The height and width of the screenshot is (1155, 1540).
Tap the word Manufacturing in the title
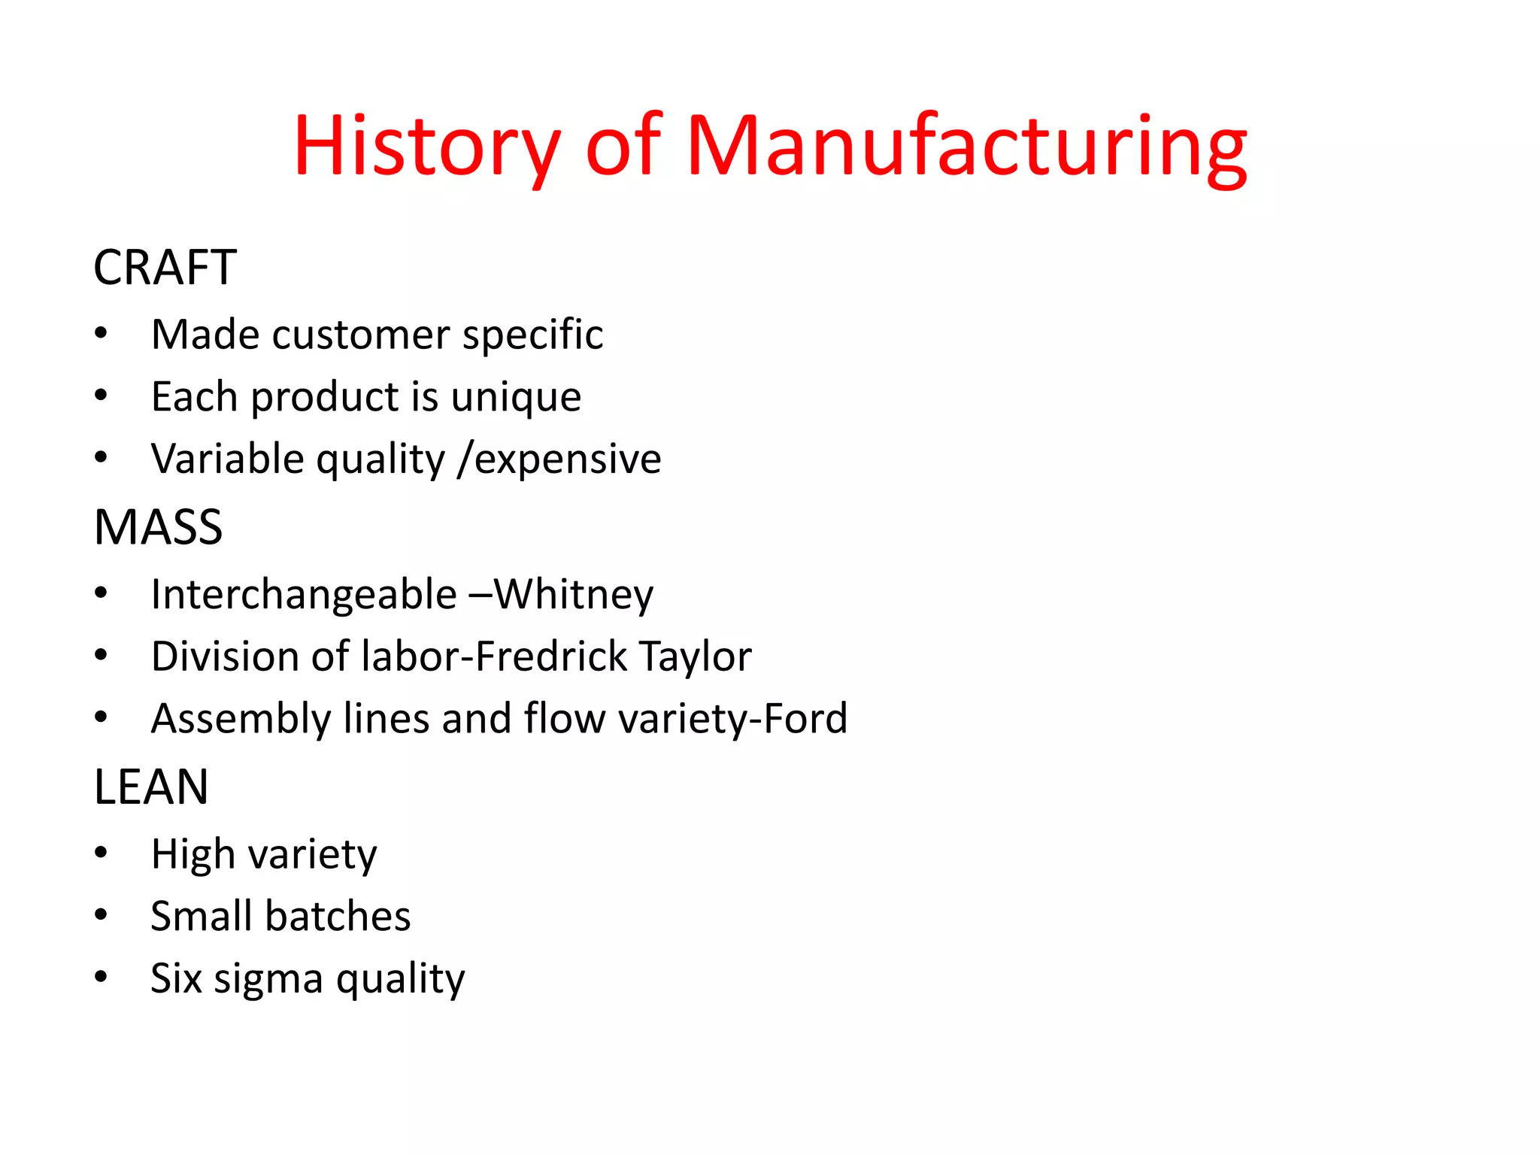(966, 147)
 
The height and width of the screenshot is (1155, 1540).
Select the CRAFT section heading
(165, 268)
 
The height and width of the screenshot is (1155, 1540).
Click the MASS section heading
(158, 527)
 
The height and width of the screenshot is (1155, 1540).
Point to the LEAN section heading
(151, 787)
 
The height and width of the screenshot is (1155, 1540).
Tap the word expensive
(568, 459)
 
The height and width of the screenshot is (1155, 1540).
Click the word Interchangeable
(304, 595)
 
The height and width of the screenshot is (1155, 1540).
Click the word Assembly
(241, 719)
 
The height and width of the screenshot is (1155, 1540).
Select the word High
(193, 854)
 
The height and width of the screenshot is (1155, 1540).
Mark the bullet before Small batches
(102, 915)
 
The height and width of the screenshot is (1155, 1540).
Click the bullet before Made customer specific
(102, 333)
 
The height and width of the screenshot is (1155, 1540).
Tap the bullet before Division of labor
(102, 655)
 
